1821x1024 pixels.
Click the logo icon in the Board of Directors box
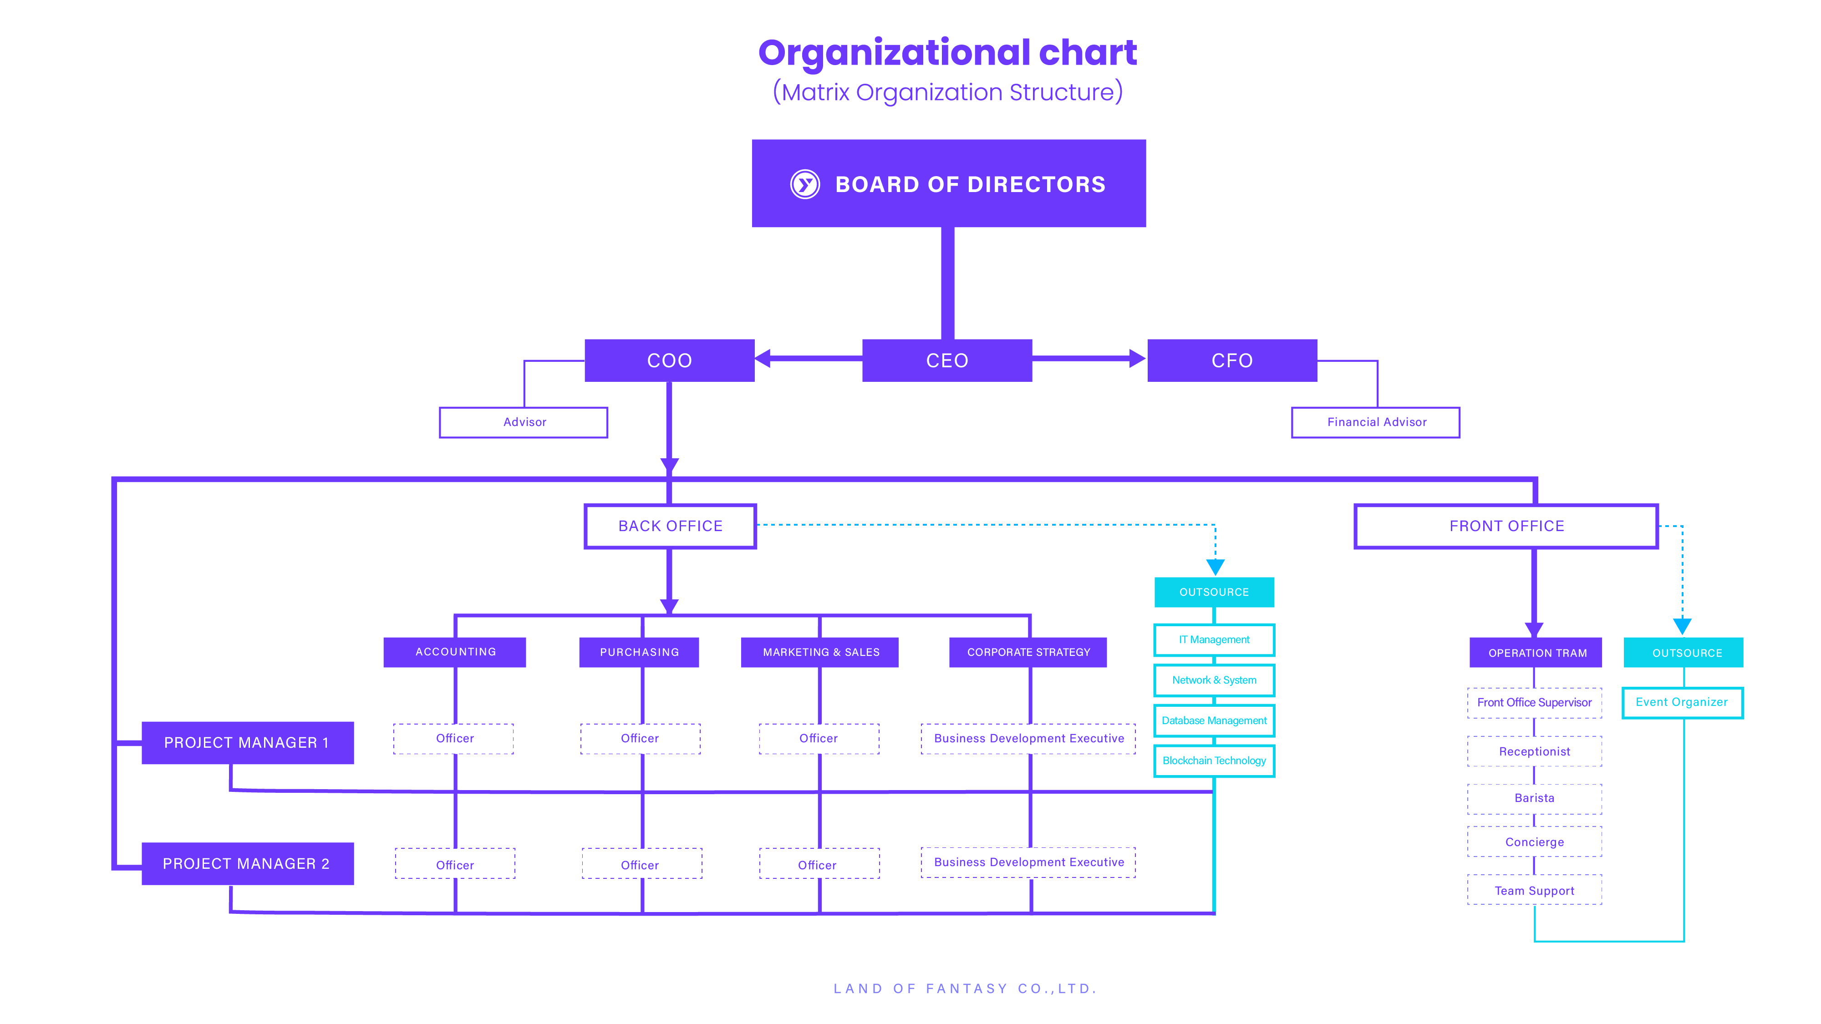(x=804, y=184)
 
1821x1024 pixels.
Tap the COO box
(x=669, y=360)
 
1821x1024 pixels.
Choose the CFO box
(x=1231, y=360)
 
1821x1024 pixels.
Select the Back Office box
(x=670, y=526)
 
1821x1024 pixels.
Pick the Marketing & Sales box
(x=820, y=652)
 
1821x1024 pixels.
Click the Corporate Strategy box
(x=1028, y=652)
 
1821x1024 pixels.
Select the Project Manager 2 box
(x=247, y=864)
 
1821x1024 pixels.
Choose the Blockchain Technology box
(x=1214, y=760)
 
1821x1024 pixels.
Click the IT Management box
(x=1214, y=639)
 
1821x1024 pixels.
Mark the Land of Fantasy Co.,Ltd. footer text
(x=965, y=988)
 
